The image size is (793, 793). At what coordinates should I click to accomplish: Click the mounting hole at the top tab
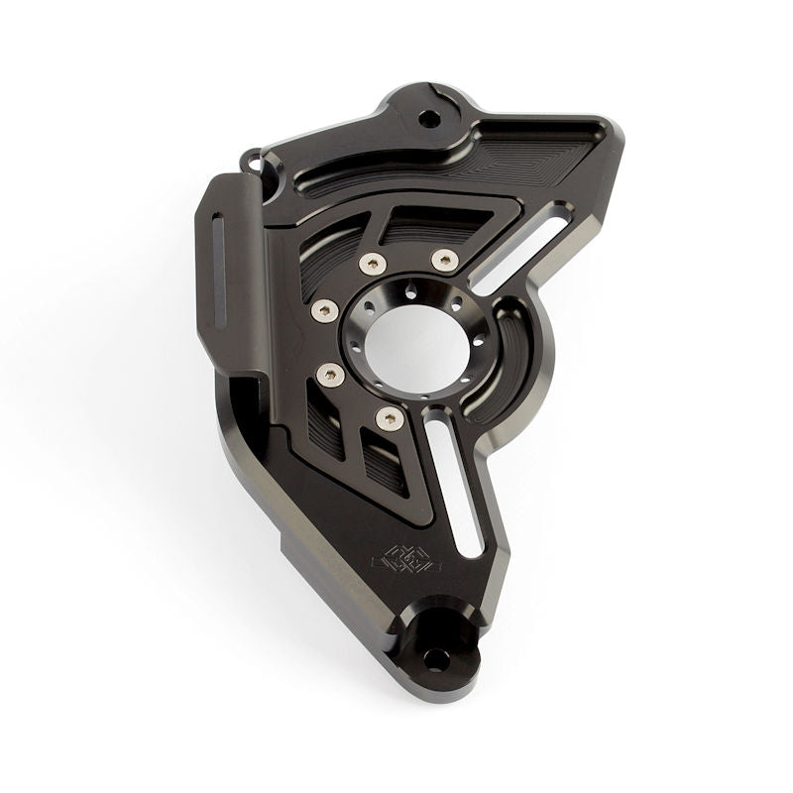[x=429, y=119]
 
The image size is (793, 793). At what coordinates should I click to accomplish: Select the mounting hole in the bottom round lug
[x=435, y=658]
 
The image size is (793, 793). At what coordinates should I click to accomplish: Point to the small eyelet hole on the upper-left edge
[x=254, y=159]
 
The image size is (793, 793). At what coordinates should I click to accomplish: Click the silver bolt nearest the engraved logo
[x=390, y=419]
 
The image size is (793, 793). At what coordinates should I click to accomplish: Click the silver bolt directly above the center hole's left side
[x=373, y=264]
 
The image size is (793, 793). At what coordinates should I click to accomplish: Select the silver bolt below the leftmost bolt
[x=330, y=374]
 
